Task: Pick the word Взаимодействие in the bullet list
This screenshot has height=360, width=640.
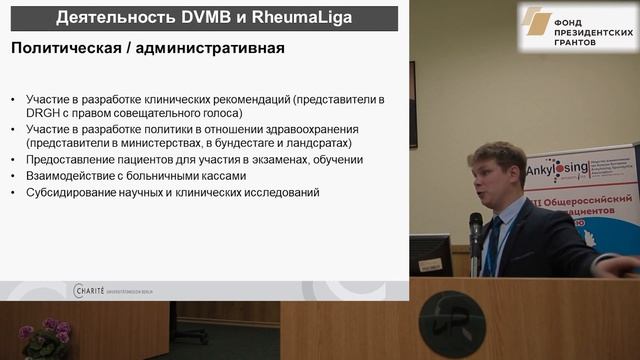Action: pyautogui.click(x=79, y=175)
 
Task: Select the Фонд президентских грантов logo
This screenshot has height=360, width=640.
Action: pyautogui.click(x=577, y=27)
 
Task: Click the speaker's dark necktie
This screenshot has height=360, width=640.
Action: pyautogui.click(x=492, y=244)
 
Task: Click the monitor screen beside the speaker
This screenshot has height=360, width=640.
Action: pyautogui.click(x=430, y=254)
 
